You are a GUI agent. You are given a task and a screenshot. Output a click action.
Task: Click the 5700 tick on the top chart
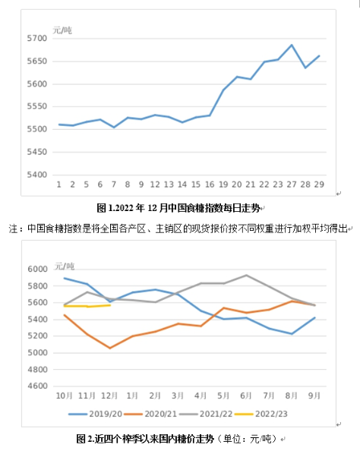(36, 38)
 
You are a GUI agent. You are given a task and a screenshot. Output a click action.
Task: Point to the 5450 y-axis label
(36, 152)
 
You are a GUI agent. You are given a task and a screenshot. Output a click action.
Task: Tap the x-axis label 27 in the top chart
(292, 184)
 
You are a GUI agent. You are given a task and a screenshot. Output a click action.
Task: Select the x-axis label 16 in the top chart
(210, 184)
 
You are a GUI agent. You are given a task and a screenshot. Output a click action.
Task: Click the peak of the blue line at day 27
(292, 45)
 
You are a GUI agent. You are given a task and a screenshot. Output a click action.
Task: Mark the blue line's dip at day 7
(114, 128)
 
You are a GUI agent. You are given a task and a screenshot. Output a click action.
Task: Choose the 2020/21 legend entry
(150, 414)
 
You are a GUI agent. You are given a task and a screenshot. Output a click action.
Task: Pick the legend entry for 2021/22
(206, 414)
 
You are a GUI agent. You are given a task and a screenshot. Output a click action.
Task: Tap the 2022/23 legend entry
(261, 414)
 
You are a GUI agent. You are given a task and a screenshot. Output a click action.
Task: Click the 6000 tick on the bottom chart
(38, 270)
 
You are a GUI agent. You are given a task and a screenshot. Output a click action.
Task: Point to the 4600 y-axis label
(38, 386)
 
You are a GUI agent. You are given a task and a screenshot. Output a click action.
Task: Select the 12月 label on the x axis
(109, 396)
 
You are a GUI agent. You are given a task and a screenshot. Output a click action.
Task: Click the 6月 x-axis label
(246, 396)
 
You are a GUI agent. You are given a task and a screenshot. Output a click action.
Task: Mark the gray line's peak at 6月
(246, 275)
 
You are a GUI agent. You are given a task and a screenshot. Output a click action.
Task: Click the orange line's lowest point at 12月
(110, 348)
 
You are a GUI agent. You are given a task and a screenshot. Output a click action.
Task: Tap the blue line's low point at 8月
(292, 334)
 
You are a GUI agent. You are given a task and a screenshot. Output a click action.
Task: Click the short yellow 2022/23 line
(87, 306)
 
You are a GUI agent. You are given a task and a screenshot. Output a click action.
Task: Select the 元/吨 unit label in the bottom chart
(65, 266)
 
